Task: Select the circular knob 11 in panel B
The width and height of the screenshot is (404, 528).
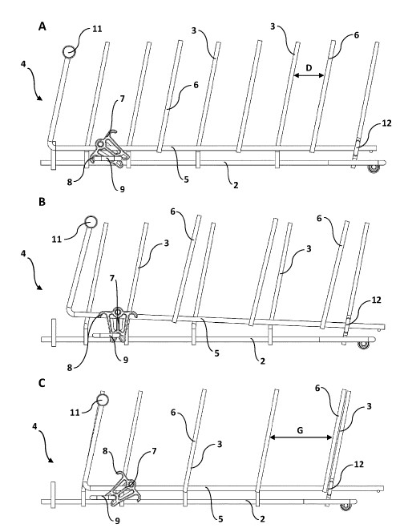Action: pos(91,222)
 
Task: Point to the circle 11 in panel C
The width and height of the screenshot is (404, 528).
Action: pos(102,399)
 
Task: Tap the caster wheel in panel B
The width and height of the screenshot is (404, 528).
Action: pos(362,345)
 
